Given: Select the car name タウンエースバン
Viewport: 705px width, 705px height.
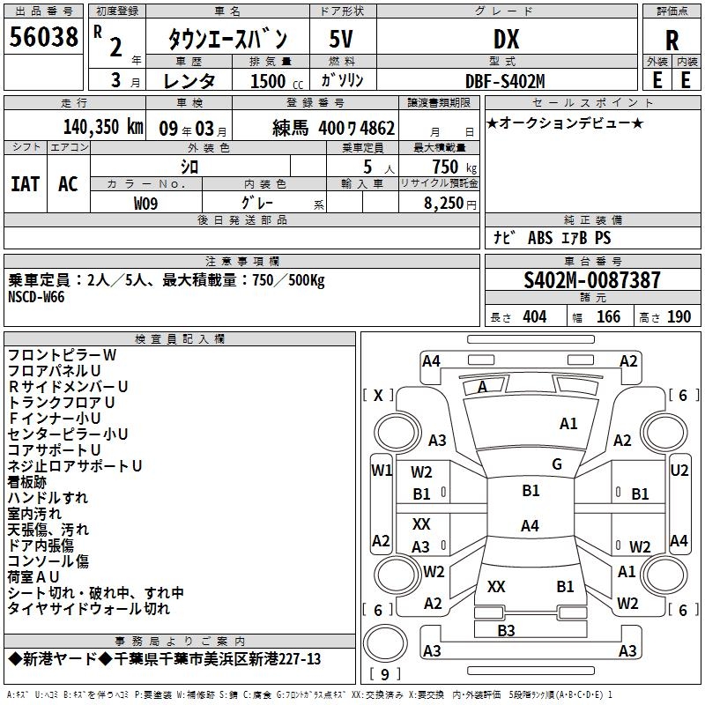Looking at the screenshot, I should pyautogui.click(x=227, y=40).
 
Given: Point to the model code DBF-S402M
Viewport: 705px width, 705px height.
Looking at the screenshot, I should pyautogui.click(x=506, y=80).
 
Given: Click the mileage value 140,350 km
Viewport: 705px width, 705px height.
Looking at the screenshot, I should pyautogui.click(x=102, y=126).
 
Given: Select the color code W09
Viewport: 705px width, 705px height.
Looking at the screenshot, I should pyautogui.click(x=146, y=202).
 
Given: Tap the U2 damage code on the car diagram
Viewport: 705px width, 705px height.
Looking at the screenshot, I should pyautogui.click(x=679, y=471).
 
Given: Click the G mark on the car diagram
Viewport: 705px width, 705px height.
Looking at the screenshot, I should pyautogui.click(x=556, y=464).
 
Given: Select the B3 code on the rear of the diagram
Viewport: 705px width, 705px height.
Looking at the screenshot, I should pyautogui.click(x=506, y=630).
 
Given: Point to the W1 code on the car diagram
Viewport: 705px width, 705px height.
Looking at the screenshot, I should pyautogui.click(x=381, y=471).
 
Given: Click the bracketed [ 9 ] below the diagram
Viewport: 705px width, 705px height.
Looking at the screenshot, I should pyautogui.click(x=384, y=675).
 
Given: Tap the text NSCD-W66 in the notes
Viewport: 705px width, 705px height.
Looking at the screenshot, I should pyautogui.click(x=36, y=297).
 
